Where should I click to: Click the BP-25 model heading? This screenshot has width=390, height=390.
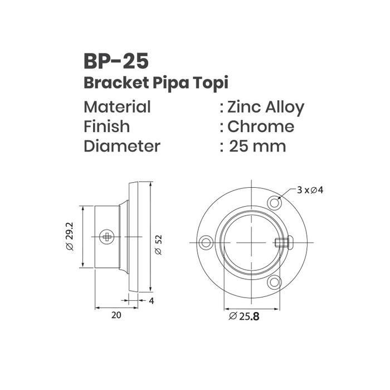[116, 61]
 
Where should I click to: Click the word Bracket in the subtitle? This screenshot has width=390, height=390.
[116, 82]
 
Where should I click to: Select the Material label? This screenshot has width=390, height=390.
[117, 107]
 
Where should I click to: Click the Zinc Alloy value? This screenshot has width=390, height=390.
[266, 108]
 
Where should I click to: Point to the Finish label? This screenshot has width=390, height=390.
[107, 126]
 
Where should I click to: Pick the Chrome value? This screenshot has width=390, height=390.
[261, 126]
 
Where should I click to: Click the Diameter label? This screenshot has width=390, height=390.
[122, 146]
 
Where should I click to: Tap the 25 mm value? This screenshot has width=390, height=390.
[257, 146]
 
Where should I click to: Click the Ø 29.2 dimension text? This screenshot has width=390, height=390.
[70, 236]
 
